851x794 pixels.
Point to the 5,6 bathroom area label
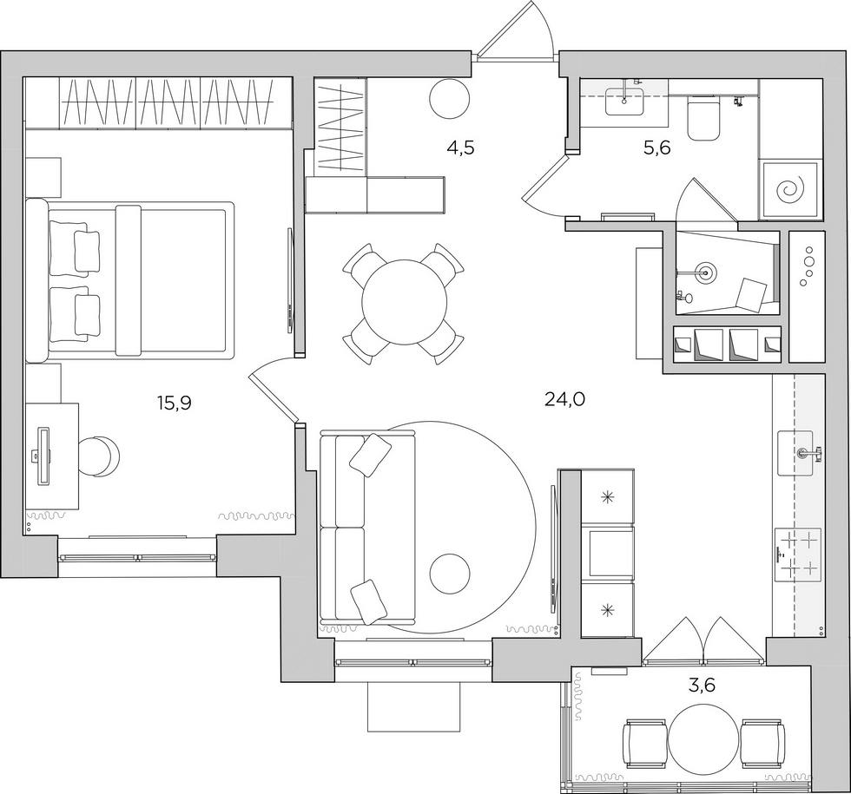pyautogui.click(x=656, y=148)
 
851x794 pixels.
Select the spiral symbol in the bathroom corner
pyautogui.click(x=790, y=188)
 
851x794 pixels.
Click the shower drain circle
pyautogui.click(x=704, y=272)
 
